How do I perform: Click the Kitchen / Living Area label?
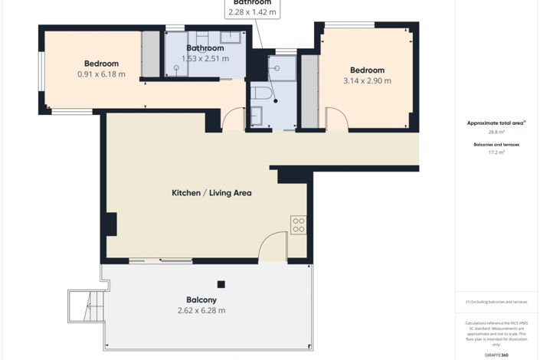(211, 193)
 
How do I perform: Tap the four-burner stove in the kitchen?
(299, 225)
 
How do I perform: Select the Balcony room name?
(201, 299)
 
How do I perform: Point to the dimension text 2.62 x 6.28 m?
(201, 310)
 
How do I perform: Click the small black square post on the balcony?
(221, 284)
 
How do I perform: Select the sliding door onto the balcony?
(160, 261)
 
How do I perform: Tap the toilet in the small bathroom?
(260, 94)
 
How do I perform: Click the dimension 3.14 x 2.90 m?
(367, 80)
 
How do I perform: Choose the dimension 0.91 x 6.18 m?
(101, 74)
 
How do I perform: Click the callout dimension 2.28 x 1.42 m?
(252, 12)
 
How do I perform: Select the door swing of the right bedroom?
(336, 119)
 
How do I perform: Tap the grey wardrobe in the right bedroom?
(309, 90)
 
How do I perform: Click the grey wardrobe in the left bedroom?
(151, 54)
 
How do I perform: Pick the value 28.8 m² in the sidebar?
(497, 133)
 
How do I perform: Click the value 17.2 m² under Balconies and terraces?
(497, 152)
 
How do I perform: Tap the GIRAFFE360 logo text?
(497, 356)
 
